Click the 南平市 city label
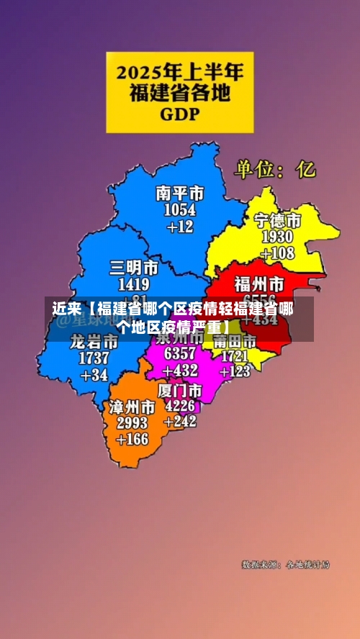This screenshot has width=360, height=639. coord(179,194)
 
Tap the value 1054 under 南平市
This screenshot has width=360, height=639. coord(179,209)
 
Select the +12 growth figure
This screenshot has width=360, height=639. coord(180,226)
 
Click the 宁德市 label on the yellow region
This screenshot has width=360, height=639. coord(277,220)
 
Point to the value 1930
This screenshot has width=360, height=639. coord(277,237)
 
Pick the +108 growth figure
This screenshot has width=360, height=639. coord(277,253)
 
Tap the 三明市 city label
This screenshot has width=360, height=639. coord(134,268)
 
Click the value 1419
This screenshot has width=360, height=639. coord(134,284)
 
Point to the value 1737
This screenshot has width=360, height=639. coord(94,358)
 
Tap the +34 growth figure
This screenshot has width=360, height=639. coord(94,374)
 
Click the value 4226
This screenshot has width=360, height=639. coord(179,406)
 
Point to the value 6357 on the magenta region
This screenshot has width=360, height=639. coord(179,354)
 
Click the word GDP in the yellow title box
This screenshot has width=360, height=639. coord(180,114)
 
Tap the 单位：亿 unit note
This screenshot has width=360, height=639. coord(274,170)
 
